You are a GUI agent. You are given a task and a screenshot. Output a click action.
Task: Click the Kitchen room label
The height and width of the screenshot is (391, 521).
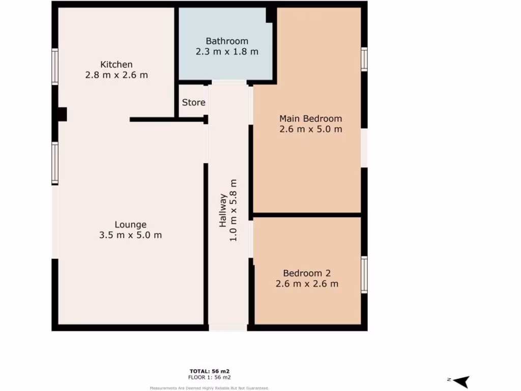(x=117, y=64)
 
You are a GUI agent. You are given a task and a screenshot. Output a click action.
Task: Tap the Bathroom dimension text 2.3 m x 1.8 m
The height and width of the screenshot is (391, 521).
(x=227, y=51)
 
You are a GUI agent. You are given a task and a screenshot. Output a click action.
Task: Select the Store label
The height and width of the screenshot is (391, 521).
(x=194, y=102)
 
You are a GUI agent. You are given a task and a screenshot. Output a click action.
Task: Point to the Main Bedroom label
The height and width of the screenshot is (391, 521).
(x=310, y=119)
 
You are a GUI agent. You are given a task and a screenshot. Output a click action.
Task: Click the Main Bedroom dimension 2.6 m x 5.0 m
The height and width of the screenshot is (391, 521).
(x=310, y=129)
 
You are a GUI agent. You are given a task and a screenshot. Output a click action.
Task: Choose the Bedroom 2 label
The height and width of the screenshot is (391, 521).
(x=307, y=273)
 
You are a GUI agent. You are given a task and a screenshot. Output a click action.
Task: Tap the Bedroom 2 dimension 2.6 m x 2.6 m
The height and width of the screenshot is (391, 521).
(x=307, y=284)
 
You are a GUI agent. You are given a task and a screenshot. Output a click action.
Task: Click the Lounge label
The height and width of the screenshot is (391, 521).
(x=130, y=225)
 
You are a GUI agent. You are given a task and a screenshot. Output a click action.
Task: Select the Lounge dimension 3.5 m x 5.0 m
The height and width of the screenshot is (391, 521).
(x=130, y=235)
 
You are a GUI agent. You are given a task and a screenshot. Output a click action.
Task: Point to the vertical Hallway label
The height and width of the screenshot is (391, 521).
(x=223, y=210)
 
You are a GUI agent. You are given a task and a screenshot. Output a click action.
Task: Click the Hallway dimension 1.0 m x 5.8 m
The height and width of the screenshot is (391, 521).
(x=234, y=210)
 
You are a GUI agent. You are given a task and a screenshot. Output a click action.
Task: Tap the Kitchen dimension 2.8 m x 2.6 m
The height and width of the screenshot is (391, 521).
(x=117, y=75)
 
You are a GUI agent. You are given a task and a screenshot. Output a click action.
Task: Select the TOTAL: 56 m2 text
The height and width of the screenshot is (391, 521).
(x=210, y=371)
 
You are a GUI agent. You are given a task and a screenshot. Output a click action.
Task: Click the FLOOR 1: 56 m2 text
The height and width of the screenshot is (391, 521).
(x=210, y=377)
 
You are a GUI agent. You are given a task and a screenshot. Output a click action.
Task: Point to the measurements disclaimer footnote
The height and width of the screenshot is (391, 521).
(x=210, y=388)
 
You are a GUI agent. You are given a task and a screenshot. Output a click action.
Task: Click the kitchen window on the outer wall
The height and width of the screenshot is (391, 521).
(x=55, y=66)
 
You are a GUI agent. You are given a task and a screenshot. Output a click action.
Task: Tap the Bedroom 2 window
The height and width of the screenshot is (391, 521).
(x=364, y=274)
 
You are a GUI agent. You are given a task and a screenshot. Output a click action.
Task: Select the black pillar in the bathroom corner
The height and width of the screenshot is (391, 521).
(x=271, y=15)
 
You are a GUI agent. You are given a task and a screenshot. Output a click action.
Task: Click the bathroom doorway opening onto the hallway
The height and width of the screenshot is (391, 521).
(x=229, y=82)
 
